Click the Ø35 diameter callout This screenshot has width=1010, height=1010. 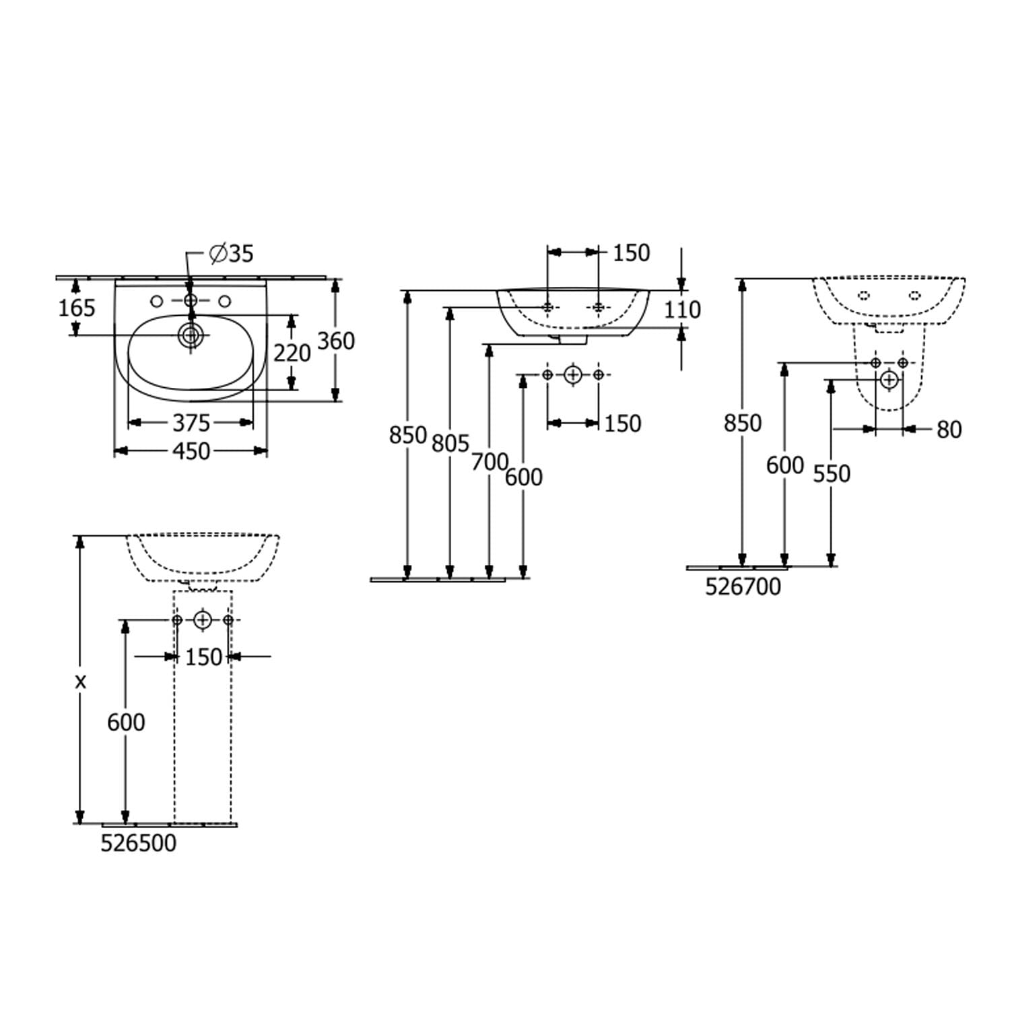[x=231, y=254]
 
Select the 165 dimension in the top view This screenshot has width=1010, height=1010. [x=77, y=308]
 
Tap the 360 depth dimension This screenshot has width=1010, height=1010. [x=336, y=341]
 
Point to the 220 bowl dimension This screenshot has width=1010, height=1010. [x=292, y=352]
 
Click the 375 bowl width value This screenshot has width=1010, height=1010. [x=192, y=423]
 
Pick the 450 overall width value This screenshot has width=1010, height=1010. [x=192, y=451]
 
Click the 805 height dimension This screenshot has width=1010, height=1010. [x=450, y=443]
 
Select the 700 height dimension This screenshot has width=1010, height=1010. [x=490, y=462]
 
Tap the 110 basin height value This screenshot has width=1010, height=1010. [x=683, y=310]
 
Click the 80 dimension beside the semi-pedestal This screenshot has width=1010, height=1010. [x=949, y=430]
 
